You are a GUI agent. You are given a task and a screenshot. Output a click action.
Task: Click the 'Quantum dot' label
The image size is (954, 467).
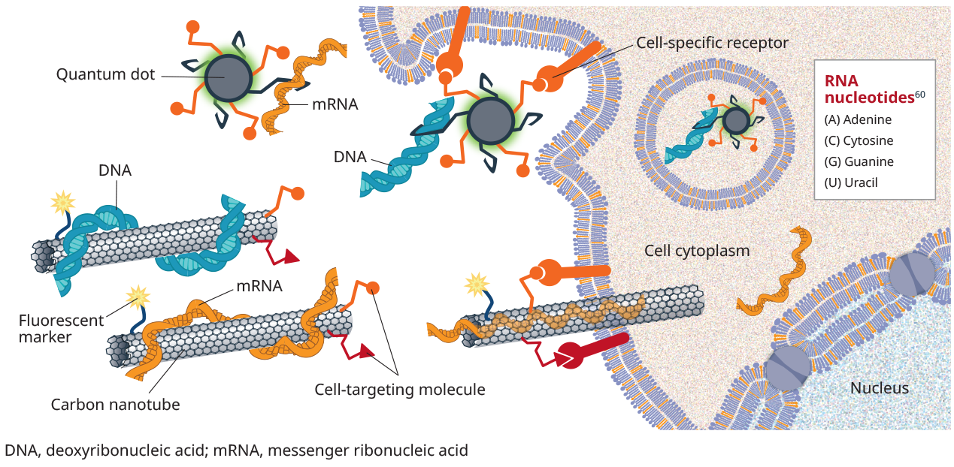105,74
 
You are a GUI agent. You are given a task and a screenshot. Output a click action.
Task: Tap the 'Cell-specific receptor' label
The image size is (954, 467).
712,43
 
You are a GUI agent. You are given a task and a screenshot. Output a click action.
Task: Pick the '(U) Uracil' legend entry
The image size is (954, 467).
851,182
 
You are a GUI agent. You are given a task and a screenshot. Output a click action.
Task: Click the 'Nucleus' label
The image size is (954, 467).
879,388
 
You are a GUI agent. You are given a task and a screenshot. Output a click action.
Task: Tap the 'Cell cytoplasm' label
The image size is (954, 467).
697,251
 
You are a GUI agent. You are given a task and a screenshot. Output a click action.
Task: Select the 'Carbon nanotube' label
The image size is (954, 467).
115,405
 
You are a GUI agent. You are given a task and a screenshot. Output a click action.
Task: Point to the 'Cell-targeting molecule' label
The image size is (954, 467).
399,390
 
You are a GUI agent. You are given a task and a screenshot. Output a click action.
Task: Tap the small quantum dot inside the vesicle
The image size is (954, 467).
735,120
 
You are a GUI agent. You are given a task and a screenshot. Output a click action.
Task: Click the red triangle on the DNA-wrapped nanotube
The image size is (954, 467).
290,257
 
